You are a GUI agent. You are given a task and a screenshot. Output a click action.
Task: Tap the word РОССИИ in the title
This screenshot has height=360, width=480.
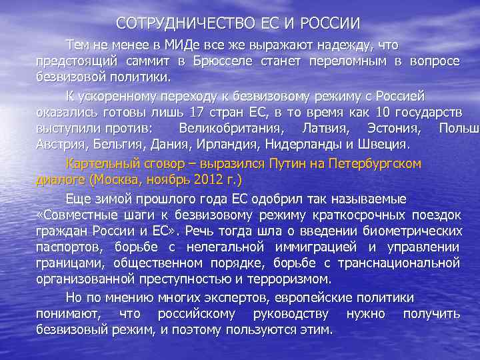point(331,24)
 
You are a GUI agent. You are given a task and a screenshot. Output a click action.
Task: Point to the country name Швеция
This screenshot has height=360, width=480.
point(385,143)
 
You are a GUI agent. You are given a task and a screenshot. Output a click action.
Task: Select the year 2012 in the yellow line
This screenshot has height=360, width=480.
point(197,180)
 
